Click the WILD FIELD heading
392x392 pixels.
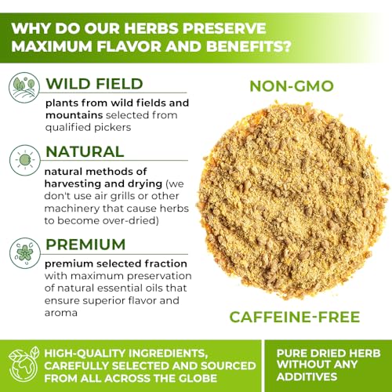click(94, 84)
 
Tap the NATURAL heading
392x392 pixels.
click(85, 151)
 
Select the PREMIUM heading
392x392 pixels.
click(85, 245)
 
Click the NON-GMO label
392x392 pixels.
click(292, 86)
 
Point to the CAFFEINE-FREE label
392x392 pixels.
click(295, 317)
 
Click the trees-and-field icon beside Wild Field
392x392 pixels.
click(24, 88)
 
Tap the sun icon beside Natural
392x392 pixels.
click(25, 160)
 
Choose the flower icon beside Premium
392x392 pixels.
click(25, 253)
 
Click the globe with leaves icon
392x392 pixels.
click(24, 365)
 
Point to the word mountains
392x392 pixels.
click(74, 115)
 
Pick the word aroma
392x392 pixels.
click(61, 313)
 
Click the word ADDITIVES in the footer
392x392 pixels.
click(307, 376)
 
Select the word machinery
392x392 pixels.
click(71, 209)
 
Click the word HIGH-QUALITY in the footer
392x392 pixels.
click(85, 354)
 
